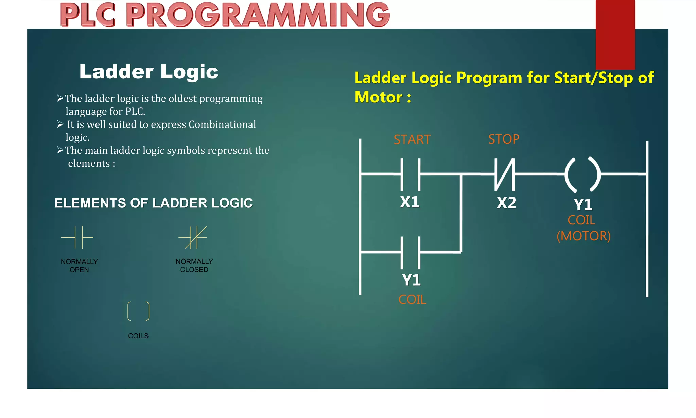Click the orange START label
[x=412, y=140]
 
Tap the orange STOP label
[x=504, y=139]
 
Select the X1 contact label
[x=410, y=202]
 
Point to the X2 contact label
[x=506, y=203]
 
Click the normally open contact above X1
[x=411, y=174]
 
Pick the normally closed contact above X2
[x=504, y=174]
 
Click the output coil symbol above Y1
[x=582, y=174]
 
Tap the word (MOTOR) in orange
[x=584, y=236]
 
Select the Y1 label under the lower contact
[x=411, y=280]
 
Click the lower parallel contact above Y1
[x=411, y=252]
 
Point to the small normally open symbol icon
[x=77, y=237]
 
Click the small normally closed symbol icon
[x=193, y=237]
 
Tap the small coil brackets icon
[x=138, y=311]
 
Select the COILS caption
[x=138, y=336]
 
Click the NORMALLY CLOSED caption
[x=194, y=266]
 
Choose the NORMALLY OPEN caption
[x=79, y=266]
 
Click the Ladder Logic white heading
[x=149, y=72]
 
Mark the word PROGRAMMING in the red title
[x=258, y=15]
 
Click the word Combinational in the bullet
[x=222, y=124]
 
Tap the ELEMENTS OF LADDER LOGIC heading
[x=153, y=203]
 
